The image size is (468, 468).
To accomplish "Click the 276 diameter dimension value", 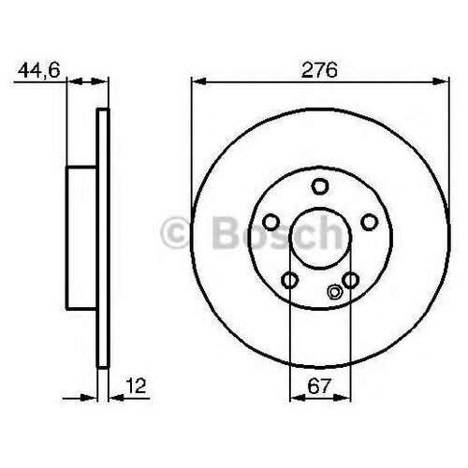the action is [x=319, y=70].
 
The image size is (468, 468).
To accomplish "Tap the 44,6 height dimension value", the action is [x=38, y=71].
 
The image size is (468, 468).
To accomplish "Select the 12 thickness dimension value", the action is [x=136, y=386].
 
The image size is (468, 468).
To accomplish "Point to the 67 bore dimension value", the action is [x=318, y=387].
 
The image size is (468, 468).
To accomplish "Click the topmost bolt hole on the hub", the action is [x=320, y=186].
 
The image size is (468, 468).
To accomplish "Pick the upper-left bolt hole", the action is [x=271, y=222].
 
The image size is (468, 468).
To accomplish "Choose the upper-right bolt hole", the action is [x=370, y=222].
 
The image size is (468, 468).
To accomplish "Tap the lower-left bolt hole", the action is [x=290, y=280].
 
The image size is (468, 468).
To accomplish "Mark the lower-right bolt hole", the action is [x=350, y=280].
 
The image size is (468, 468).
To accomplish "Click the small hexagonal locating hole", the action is [x=334, y=292].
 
